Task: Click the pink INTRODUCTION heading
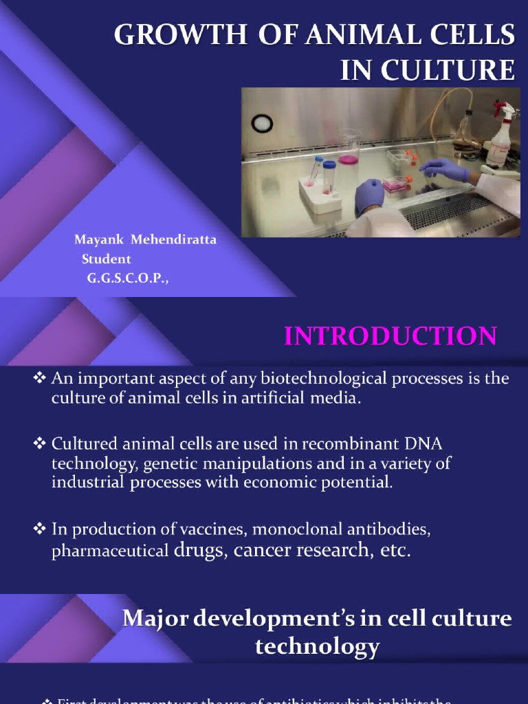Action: (390, 336)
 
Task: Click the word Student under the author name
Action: (106, 259)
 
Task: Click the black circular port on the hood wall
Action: (262, 123)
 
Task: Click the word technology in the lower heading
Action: (317, 646)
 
